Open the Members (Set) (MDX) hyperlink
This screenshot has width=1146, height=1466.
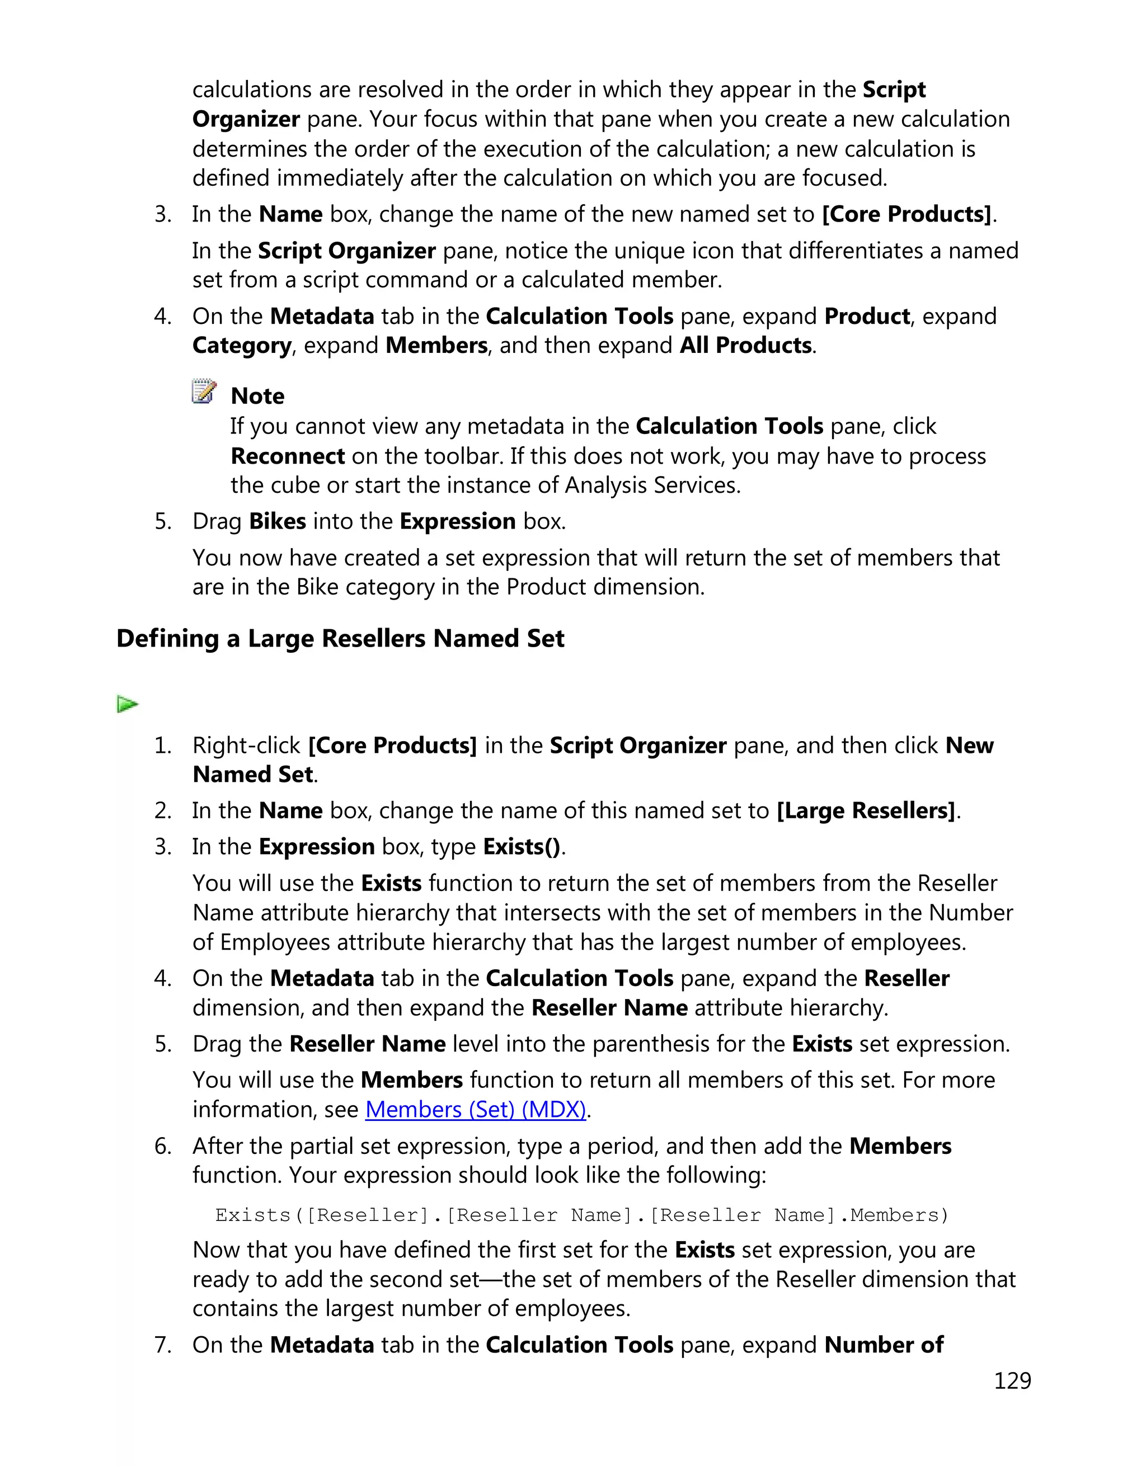(475, 1110)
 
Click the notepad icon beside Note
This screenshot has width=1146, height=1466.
(204, 392)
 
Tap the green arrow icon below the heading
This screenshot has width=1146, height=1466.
(127, 704)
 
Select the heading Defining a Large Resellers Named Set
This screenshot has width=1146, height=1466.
(340, 638)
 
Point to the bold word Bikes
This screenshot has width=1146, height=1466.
(278, 521)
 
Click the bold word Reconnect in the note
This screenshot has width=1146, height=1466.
(287, 456)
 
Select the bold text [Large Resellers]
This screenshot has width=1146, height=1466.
(865, 811)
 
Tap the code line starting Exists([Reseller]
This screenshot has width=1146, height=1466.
(581, 1215)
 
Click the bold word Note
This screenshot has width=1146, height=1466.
(257, 396)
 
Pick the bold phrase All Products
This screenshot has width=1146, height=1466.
(746, 346)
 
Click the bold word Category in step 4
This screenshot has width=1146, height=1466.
(242, 346)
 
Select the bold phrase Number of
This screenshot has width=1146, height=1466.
(884, 1345)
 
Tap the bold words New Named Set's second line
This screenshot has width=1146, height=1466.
(252, 775)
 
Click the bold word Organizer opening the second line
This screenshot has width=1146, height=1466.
(246, 120)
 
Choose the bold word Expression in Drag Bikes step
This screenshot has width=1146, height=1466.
(457, 521)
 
